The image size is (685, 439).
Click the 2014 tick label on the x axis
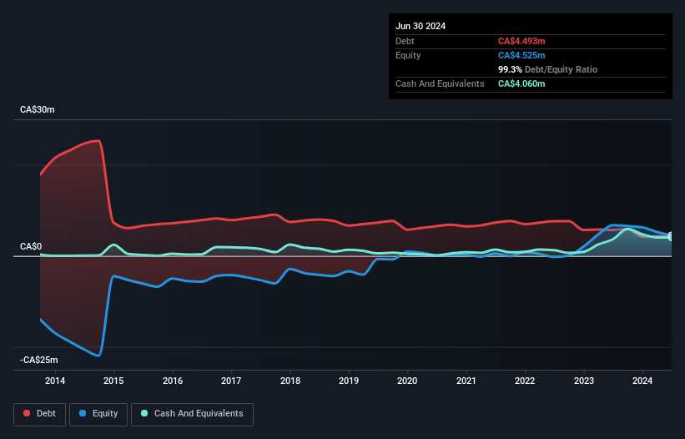pyautogui.click(x=55, y=381)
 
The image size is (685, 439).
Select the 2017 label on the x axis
pyautogui.click(x=231, y=381)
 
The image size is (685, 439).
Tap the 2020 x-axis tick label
pyautogui.click(x=407, y=381)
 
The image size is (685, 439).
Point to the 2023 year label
pyautogui.click(x=584, y=381)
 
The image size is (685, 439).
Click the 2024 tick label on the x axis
pyautogui.click(x=642, y=381)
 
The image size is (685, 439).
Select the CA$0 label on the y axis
pyautogui.click(x=31, y=247)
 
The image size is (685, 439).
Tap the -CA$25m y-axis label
pyautogui.click(x=39, y=360)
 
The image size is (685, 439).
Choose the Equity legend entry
pyautogui.click(x=98, y=413)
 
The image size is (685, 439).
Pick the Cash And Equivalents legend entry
pyautogui.click(x=192, y=413)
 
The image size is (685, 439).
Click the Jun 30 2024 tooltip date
pyautogui.click(x=421, y=26)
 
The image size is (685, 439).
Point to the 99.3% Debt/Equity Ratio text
pyautogui.click(x=547, y=69)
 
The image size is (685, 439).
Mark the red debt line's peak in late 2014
pyautogui.click(x=100, y=140)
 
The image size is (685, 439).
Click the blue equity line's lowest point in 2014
pyautogui.click(x=99, y=356)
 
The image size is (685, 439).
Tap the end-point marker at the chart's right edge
pyautogui.click(x=671, y=237)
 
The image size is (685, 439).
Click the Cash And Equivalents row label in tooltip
pyautogui.click(x=440, y=84)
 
